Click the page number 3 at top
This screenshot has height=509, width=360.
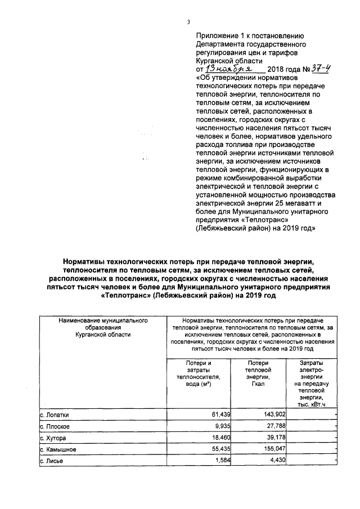[x=189, y=22]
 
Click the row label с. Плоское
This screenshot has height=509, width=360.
[x=56, y=426]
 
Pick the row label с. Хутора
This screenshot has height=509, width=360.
[x=55, y=438]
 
